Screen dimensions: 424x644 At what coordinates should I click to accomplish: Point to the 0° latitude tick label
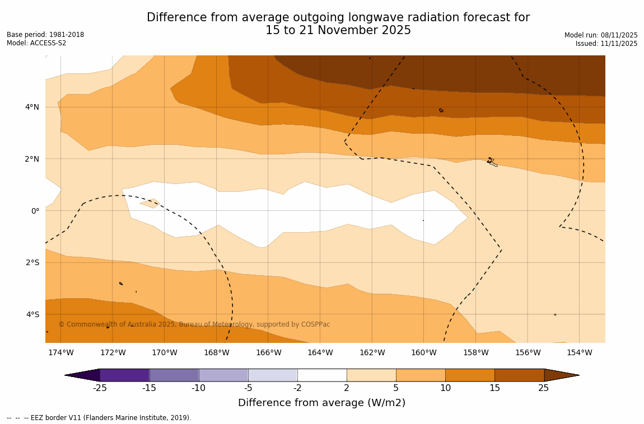coord(35,211)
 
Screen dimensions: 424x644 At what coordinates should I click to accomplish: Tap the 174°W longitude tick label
coord(60,352)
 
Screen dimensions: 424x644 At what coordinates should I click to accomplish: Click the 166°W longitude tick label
coord(268,352)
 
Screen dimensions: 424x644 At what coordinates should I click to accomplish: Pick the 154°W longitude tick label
coord(579,352)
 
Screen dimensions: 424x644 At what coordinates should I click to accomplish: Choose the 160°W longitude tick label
coord(424,352)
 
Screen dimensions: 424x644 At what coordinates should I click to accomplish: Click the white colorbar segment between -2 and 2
coord(322,375)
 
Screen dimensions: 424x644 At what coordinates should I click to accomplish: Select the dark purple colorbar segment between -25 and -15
coord(124,375)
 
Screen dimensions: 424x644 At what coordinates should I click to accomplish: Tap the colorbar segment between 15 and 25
coord(519,375)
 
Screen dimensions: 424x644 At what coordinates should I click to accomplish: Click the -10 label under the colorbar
coord(199,388)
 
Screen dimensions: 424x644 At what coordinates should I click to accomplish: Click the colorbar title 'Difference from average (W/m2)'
coord(321,403)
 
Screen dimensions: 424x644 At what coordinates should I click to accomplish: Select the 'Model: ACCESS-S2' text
coord(36,43)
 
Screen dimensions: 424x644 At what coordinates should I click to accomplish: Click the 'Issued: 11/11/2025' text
coord(606,44)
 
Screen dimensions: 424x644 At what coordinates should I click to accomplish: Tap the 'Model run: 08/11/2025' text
coord(601,35)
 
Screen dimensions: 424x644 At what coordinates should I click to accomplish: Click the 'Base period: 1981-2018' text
coord(45,35)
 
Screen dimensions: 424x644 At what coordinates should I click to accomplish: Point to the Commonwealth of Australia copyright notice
coord(194,324)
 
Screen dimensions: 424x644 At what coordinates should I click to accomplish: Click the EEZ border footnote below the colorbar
coord(99,418)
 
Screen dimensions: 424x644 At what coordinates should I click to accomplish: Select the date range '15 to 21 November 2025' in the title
coord(338,31)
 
